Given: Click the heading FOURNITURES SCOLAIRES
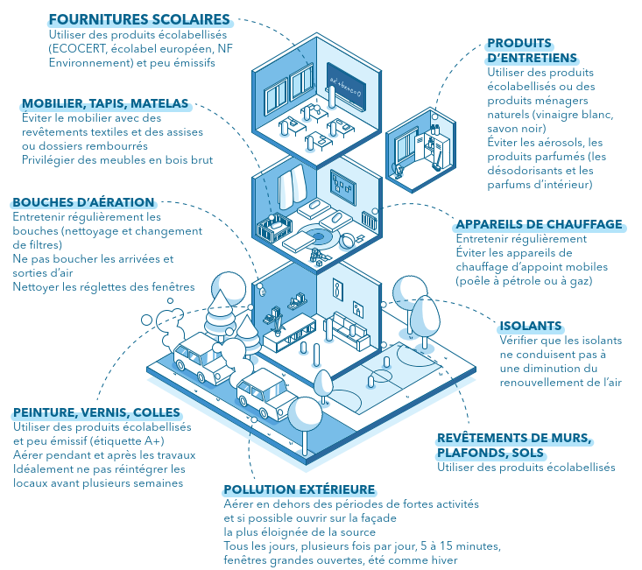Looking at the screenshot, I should pos(139,19).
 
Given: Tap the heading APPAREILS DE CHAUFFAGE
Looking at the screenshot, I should pos(539,224).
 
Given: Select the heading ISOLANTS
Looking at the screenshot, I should pos(530,326).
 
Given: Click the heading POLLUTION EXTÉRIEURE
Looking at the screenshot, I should pos(300,489).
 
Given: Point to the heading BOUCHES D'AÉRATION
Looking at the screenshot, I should pos(83,202).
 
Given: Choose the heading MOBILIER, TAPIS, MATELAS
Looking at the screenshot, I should pos(105,103).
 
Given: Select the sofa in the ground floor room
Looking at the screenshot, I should pos(349,329).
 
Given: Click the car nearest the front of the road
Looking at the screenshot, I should pos(268,393).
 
